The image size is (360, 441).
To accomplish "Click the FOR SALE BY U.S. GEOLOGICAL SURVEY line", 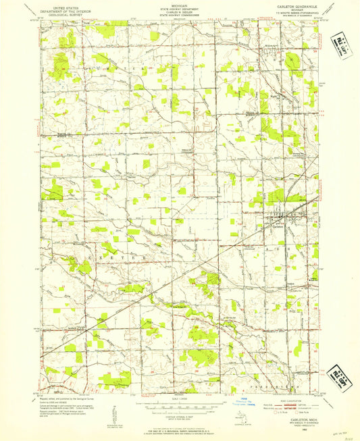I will (x=180, y=424).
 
